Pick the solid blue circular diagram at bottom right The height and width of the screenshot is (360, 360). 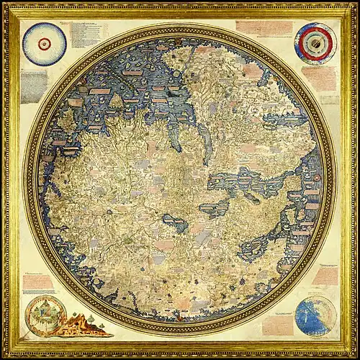pos(315,315)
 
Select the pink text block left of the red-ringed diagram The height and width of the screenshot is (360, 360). pos(262,28)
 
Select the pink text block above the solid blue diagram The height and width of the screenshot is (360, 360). pos(325,276)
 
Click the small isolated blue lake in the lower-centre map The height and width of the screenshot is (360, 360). pos(175,226)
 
